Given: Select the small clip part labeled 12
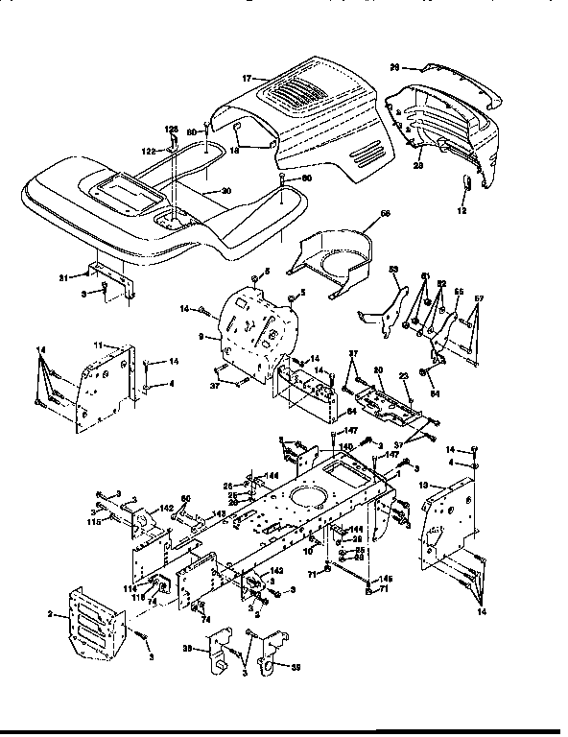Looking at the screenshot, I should point(468,183).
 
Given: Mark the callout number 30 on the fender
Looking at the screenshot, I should point(226,191).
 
